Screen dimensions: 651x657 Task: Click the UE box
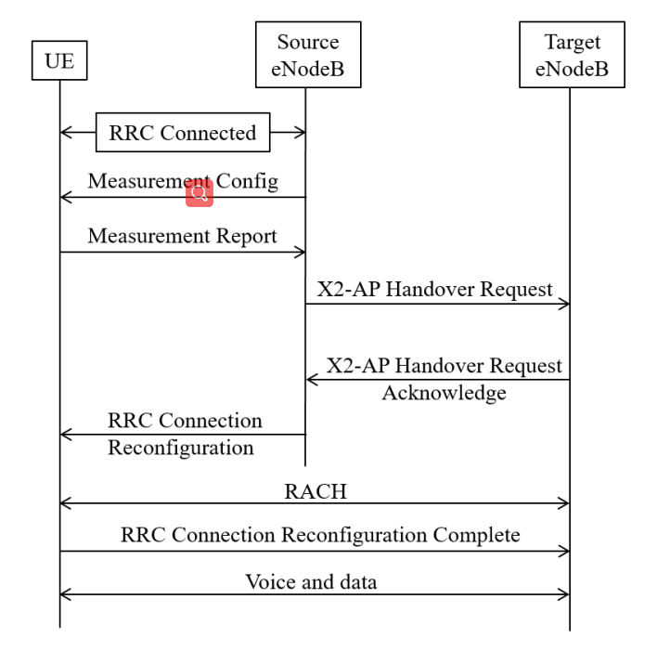point(59,62)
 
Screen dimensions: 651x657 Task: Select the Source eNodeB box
point(307,57)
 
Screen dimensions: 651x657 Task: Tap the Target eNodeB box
point(571,57)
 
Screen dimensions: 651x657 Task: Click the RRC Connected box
point(183,133)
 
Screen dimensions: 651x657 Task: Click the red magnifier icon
point(199,193)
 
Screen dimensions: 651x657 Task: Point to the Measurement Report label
point(182,236)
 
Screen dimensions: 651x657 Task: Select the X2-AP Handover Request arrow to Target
point(437,304)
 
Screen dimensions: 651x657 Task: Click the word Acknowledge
point(444,393)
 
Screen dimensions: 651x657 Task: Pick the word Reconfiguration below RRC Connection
point(181,448)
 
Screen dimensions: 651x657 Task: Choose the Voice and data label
point(312,582)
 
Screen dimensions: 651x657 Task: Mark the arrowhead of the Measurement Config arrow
point(64,197)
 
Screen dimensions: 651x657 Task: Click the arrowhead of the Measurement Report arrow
point(302,251)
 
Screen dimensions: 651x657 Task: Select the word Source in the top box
point(307,43)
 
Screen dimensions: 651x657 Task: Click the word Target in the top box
point(571,43)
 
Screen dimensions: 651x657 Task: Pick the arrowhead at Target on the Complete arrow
point(564,551)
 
